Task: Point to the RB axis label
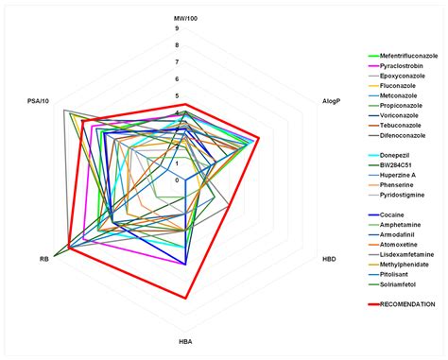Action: (44, 258)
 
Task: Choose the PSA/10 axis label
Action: (40, 96)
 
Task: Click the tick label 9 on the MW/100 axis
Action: (177, 28)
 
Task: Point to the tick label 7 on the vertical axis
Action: (177, 62)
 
